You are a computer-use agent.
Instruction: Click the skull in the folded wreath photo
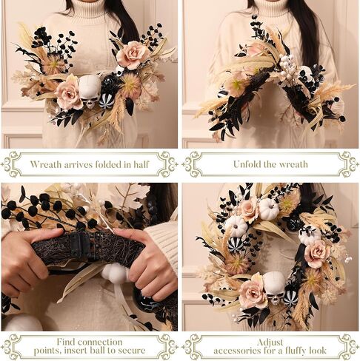click(90, 91)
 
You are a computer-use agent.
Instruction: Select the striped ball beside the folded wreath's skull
click(107, 101)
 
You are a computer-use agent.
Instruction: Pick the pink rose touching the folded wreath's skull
click(68, 93)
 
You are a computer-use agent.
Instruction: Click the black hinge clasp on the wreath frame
click(79, 243)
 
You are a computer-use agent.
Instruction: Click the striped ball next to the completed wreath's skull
click(291, 298)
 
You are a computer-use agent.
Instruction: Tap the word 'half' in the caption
click(141, 164)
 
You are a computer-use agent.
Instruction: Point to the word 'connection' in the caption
click(100, 343)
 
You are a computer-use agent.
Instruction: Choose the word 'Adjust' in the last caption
click(270, 343)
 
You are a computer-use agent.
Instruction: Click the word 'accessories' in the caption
click(236, 351)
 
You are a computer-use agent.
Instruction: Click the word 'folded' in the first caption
click(109, 164)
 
